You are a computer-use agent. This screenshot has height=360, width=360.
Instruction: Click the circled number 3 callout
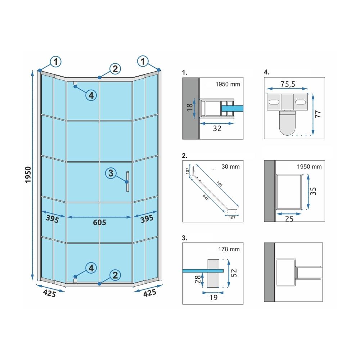click(x=111, y=173)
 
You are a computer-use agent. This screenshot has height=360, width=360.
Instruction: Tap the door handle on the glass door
click(x=127, y=182)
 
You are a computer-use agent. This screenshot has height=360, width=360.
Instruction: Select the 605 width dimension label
click(x=99, y=223)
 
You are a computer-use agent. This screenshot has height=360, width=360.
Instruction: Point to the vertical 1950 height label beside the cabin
click(x=29, y=175)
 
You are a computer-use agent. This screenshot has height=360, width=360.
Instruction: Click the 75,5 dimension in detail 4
click(x=288, y=84)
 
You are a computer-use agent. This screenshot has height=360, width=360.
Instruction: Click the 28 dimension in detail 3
click(x=197, y=280)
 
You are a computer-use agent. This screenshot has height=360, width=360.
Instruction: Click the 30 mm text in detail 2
click(x=231, y=167)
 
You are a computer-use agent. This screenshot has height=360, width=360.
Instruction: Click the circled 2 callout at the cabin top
click(x=114, y=69)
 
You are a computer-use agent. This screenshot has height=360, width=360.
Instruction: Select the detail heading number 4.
click(x=266, y=72)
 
